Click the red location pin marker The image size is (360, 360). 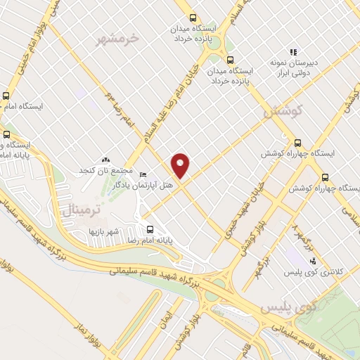pyautogui.click(x=181, y=165)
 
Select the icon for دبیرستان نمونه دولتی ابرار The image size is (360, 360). pyautogui.click(x=293, y=52)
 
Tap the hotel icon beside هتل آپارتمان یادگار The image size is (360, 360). pyautogui.click(x=143, y=174)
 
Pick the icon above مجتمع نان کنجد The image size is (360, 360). pyautogui.click(x=106, y=161)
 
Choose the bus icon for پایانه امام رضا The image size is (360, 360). pyautogui.click(x=149, y=229)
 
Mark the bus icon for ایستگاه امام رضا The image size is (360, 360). pyautogui.click(x=6, y=96)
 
